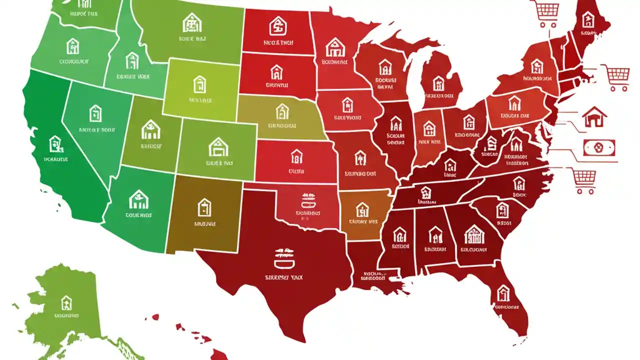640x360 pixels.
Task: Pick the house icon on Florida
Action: coord(503,292)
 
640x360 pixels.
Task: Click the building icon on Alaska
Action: coord(66,302)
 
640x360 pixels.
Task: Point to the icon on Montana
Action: coord(192,22)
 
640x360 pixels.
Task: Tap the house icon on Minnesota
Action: coord(335,47)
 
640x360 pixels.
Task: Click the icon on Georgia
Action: coord(473,233)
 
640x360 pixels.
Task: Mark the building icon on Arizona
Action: coord(138,200)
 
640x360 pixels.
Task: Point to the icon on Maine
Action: coord(588,20)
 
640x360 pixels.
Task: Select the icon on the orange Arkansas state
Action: coord(362,209)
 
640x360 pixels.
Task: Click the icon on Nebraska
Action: coord(282,111)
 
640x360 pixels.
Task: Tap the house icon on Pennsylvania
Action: coord(514,103)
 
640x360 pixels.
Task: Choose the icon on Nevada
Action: coord(95,113)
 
